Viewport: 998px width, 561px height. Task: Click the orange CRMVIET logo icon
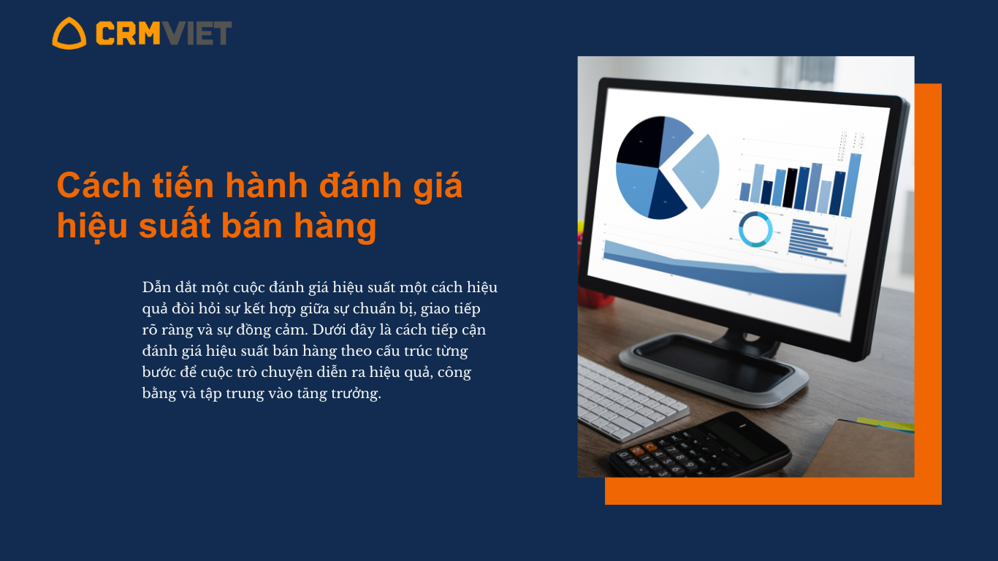(x=69, y=34)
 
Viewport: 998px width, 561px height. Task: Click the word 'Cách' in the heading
(x=99, y=185)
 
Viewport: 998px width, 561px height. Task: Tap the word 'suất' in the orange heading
(x=175, y=225)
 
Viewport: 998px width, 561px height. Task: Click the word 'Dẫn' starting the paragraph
(x=156, y=286)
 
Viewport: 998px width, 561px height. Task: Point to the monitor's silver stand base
(x=713, y=370)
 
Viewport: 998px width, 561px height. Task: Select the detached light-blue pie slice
(x=698, y=171)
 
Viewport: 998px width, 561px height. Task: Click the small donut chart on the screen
(x=755, y=229)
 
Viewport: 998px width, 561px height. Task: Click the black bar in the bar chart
(x=790, y=188)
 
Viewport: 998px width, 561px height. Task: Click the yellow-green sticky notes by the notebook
(x=885, y=424)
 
